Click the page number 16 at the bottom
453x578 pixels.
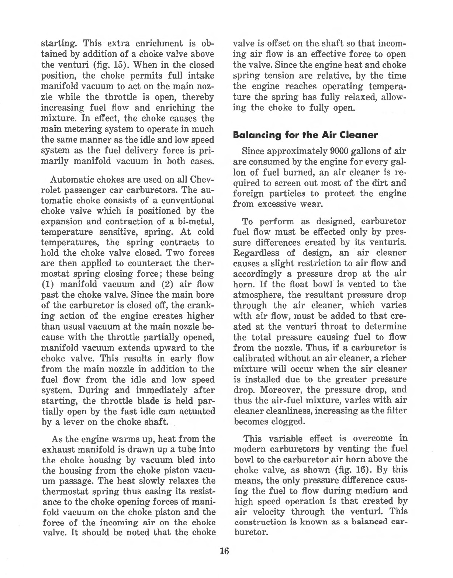click(x=224, y=551)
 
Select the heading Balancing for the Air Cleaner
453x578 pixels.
click(x=305, y=135)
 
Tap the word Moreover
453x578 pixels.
click(x=280, y=390)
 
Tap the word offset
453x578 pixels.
click(x=271, y=44)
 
